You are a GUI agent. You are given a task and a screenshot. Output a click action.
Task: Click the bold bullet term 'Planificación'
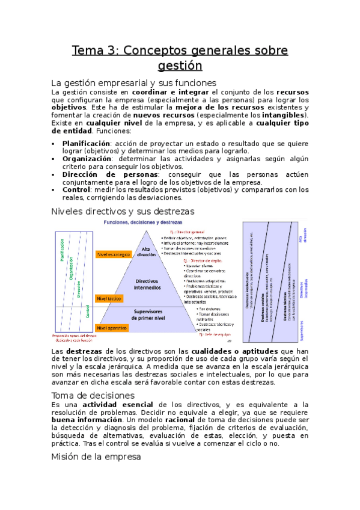point(85,144)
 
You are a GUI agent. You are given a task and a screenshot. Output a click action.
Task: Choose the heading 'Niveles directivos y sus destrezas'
point(123,211)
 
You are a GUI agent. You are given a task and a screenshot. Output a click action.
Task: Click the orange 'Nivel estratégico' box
point(113,254)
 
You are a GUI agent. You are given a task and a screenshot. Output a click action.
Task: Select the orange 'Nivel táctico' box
point(109,298)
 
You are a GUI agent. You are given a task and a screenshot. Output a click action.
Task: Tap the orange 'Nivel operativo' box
point(112,328)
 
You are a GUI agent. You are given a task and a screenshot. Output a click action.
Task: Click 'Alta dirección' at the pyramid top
point(146,251)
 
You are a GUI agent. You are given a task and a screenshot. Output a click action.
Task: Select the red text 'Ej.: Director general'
point(188,231)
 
